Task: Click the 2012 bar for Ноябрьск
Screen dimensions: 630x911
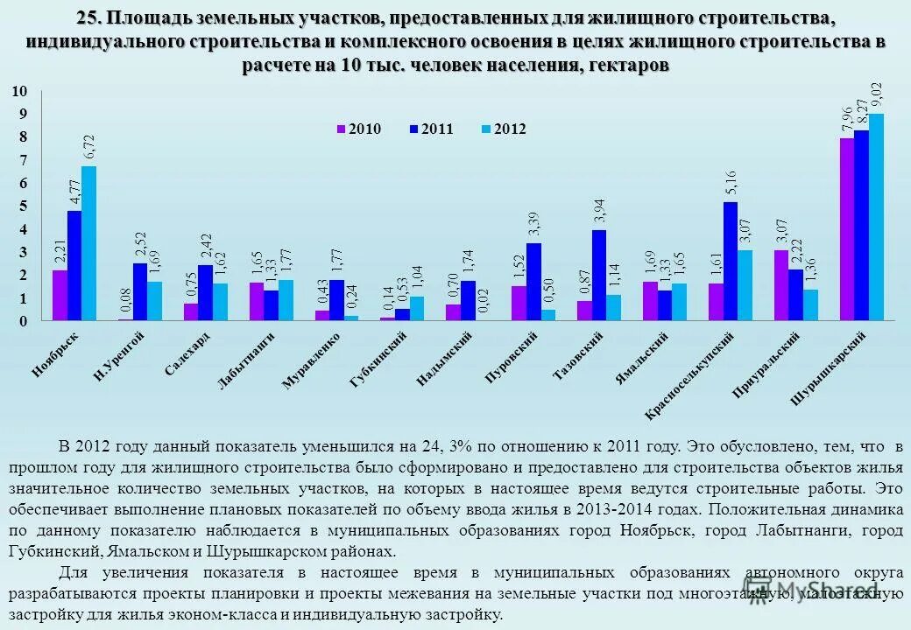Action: click(x=88, y=243)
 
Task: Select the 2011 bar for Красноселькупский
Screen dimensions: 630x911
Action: click(x=730, y=261)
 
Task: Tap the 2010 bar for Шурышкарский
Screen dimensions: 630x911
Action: click(x=847, y=229)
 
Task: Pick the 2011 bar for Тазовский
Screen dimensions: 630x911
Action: click(x=598, y=275)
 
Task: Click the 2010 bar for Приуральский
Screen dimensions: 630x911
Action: click(x=781, y=285)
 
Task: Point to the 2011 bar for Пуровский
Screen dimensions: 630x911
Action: click(x=533, y=282)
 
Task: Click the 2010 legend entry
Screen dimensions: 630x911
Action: click(x=359, y=129)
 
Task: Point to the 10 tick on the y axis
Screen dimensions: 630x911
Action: click(x=21, y=91)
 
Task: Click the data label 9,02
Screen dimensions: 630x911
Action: click(x=877, y=94)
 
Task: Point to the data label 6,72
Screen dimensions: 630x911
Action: click(x=88, y=147)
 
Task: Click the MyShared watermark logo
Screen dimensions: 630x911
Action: click(x=810, y=592)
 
